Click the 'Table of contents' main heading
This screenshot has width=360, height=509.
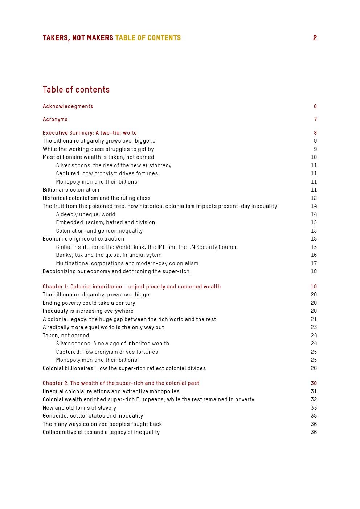[76, 90]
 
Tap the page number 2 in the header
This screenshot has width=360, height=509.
[315, 38]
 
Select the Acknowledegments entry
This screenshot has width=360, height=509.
[68, 106]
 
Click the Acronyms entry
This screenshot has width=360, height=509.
[55, 119]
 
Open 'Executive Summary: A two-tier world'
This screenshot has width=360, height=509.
[90, 133]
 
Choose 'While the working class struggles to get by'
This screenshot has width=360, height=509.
[98, 149]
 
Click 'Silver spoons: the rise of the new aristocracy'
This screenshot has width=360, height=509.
[114, 165]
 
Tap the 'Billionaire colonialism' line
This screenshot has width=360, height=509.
[71, 190]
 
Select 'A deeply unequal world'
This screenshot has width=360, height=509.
[86, 214]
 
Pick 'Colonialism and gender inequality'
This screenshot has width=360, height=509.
[99, 231]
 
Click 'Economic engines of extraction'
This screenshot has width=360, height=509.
[83, 239]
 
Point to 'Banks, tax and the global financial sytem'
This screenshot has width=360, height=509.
[109, 255]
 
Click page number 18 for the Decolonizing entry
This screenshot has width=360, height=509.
[314, 271]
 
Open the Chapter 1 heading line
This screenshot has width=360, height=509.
[132, 287]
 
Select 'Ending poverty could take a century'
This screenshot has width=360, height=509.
[89, 303]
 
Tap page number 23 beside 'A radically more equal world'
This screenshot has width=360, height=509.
[314, 327]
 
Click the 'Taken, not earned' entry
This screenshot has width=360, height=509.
[66, 336]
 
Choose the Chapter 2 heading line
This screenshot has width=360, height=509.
[121, 383]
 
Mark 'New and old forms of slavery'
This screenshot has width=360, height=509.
[79, 408]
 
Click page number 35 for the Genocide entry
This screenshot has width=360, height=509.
[314, 416]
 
